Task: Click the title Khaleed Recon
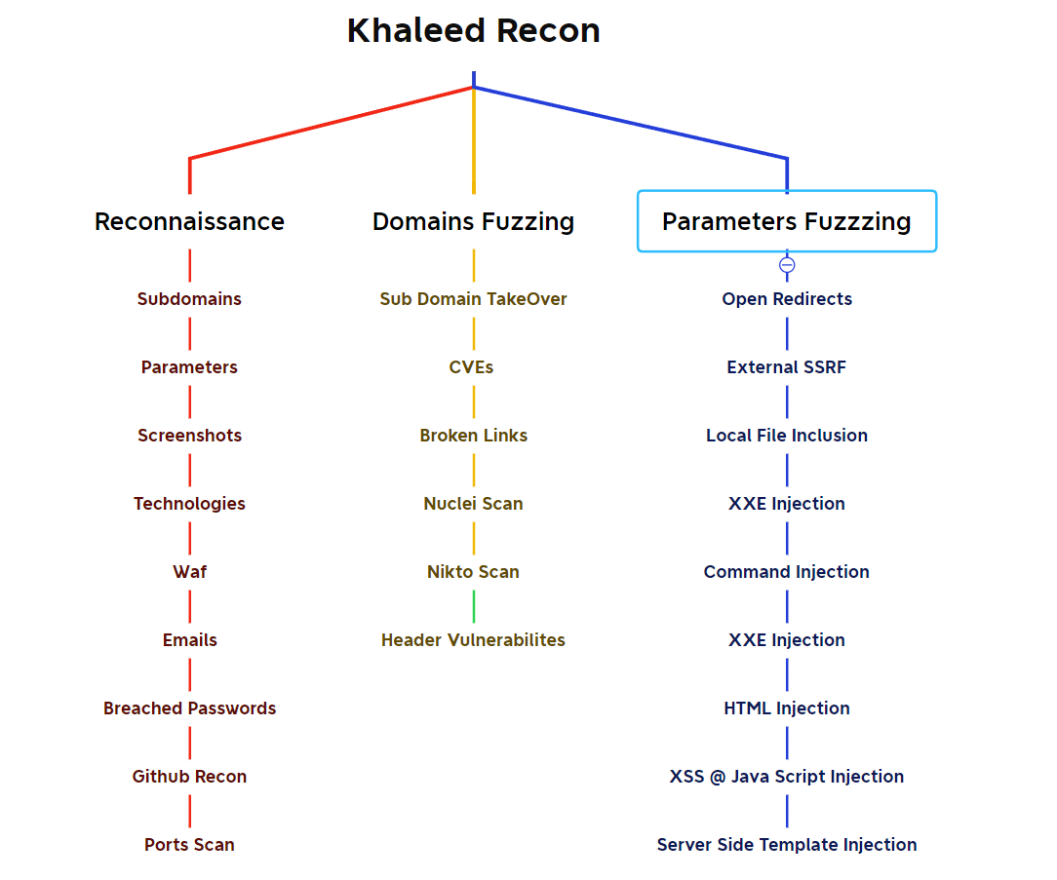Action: [x=473, y=31]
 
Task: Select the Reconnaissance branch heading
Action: [x=189, y=222]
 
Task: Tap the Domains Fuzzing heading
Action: [x=473, y=222]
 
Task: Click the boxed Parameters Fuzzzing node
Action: [x=786, y=222]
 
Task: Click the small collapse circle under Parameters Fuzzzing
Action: [x=787, y=265]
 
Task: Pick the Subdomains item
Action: [x=189, y=299]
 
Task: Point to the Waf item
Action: [x=189, y=572]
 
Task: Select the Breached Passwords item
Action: [x=189, y=708]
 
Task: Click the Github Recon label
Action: [x=189, y=777]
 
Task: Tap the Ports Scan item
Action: [x=189, y=845]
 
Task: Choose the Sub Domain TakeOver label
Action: [x=473, y=299]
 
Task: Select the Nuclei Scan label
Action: [x=473, y=504]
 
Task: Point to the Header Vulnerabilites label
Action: [x=473, y=640]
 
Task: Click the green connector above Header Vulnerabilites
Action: [x=474, y=606]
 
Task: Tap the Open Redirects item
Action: [x=787, y=299]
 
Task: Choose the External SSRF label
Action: [x=787, y=367]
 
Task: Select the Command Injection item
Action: [x=787, y=572]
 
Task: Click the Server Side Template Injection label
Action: [x=787, y=845]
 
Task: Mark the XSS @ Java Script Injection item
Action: [x=787, y=777]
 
